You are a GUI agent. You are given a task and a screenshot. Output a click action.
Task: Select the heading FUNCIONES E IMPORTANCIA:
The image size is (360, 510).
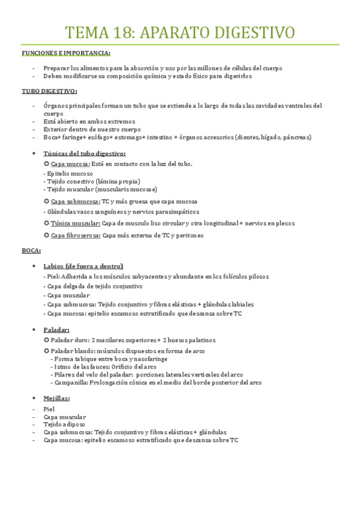click(x=66, y=53)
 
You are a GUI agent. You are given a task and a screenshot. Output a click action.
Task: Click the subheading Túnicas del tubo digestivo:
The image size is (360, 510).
click(x=85, y=154)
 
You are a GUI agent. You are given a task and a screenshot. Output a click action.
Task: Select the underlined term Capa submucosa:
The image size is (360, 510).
click(x=75, y=201)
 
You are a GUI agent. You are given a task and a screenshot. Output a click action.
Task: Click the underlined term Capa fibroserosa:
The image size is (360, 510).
click(x=76, y=235)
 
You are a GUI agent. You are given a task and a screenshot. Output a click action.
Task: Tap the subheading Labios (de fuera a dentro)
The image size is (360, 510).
click(x=84, y=266)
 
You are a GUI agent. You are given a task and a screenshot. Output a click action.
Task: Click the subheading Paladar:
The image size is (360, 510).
click(x=56, y=330)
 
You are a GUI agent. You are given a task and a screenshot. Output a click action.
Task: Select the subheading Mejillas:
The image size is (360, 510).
click(x=56, y=398)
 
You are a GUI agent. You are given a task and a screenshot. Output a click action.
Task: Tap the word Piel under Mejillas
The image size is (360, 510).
click(x=49, y=409)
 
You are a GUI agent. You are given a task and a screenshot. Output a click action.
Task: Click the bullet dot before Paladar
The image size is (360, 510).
click(x=31, y=330)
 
